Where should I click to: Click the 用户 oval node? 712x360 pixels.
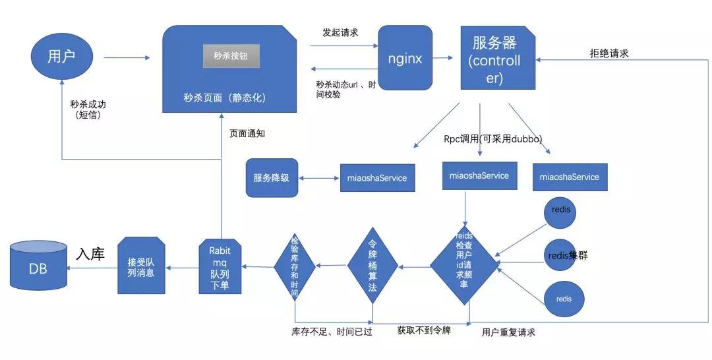pyautogui.click(x=61, y=56)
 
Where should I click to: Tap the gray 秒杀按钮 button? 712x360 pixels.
pyautogui.click(x=231, y=57)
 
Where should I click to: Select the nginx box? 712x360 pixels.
pyautogui.click(x=405, y=58)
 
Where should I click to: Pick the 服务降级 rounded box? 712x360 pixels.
pyautogui.click(x=272, y=177)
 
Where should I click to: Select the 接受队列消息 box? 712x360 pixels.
pyautogui.click(x=141, y=266)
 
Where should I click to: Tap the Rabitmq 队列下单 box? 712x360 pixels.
pyautogui.click(x=220, y=267)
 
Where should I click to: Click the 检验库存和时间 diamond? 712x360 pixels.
pyautogui.click(x=295, y=266)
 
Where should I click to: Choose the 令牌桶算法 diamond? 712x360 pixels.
pyautogui.click(x=373, y=267)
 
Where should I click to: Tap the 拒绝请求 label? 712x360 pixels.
pyautogui.click(x=608, y=53)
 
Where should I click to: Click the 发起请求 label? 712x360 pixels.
pyautogui.click(x=340, y=32)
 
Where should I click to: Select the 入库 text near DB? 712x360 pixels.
pyautogui.click(x=90, y=254)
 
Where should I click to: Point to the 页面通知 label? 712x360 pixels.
pyautogui.click(x=247, y=133)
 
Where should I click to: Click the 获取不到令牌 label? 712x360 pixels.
pyautogui.click(x=424, y=330)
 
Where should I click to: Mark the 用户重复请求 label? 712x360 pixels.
pyautogui.click(x=508, y=332)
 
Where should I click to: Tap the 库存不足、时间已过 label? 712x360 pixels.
pyautogui.click(x=332, y=332)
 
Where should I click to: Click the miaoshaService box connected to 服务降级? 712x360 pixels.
pyautogui.click(x=377, y=177)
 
